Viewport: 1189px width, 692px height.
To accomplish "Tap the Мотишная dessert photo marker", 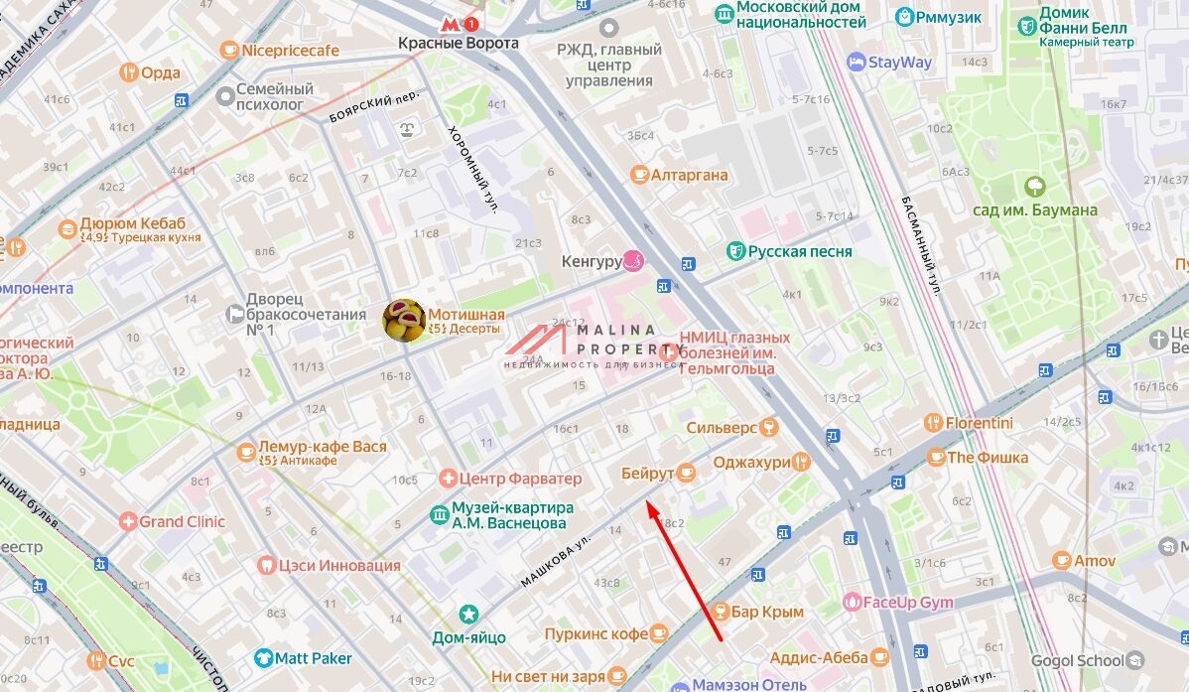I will pos(404,320).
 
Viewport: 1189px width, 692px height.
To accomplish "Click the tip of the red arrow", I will pos(647,503).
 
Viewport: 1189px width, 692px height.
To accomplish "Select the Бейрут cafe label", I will pos(647,474).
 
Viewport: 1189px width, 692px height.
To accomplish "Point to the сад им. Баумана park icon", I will pos(1035,186).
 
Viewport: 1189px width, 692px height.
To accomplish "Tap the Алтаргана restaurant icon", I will pos(640,175).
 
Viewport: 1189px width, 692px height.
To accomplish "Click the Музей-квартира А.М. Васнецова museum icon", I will pos(439,514).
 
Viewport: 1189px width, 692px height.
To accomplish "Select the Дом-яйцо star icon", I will pos(468,615).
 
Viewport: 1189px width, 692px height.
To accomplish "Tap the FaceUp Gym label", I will pos(907,602).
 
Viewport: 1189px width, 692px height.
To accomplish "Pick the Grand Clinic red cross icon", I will pos(127,521).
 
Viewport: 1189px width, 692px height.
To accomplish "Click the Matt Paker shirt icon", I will pos(262,658).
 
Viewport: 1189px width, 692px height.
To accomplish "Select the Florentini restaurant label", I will pos(979,423).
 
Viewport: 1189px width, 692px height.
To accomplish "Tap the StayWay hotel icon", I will pos(856,62).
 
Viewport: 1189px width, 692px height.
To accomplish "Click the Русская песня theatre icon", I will pos(735,251).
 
